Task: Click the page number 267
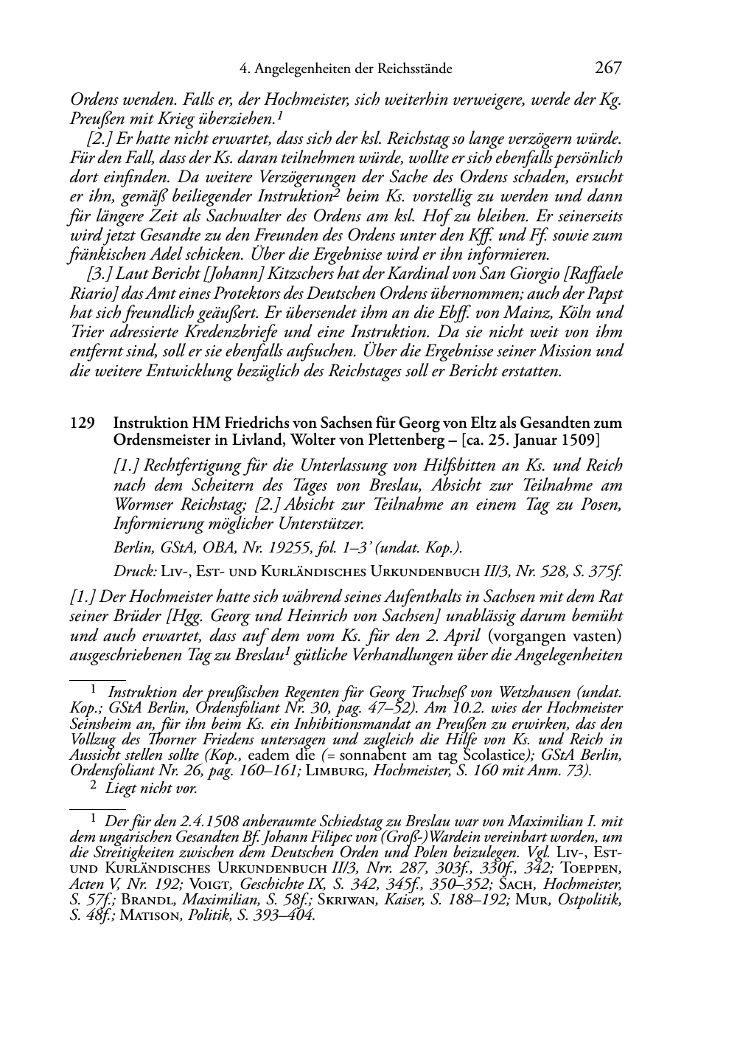click(608, 69)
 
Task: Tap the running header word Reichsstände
click(413, 69)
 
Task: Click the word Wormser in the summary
click(146, 505)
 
